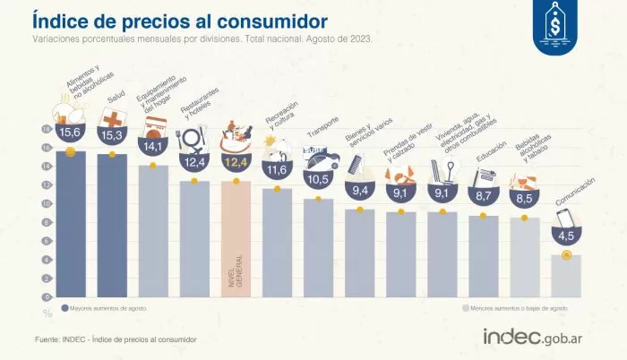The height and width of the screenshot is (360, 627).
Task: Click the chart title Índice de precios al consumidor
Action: (x=179, y=19)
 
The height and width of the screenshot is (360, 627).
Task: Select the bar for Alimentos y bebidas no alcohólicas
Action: (x=71, y=224)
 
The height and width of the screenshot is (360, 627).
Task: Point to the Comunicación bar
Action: (x=566, y=276)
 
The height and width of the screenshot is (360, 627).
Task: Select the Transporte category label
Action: (x=323, y=130)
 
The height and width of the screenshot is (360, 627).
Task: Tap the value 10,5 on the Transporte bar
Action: (x=319, y=179)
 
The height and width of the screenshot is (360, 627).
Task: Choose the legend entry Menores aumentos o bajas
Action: (x=515, y=307)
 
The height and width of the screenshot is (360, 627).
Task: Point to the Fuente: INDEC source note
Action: (x=115, y=339)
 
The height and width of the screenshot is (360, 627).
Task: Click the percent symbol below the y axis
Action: (x=47, y=313)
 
